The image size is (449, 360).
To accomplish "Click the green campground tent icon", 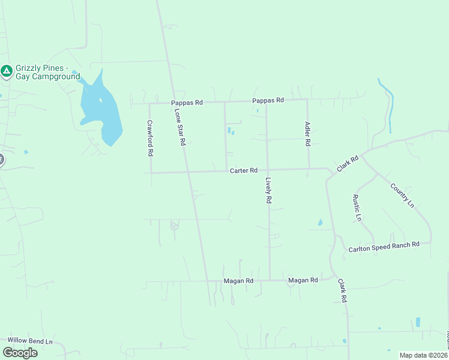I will (x=7, y=72).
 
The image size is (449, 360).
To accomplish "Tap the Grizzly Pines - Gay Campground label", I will (x=47, y=73).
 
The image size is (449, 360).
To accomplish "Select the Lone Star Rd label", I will (x=178, y=128).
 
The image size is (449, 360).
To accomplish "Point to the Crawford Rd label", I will (x=150, y=138).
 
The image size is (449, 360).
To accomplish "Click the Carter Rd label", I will (x=244, y=171).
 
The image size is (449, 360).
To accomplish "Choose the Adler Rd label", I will (x=307, y=134).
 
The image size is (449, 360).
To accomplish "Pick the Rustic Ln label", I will (x=357, y=208).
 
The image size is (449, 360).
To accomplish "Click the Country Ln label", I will (x=402, y=196).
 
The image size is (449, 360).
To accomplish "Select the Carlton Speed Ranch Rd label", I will (x=384, y=247).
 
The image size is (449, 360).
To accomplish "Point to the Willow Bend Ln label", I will (x=30, y=341).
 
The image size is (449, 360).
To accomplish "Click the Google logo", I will (x=20, y=353).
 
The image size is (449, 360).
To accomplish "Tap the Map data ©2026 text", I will (x=424, y=355).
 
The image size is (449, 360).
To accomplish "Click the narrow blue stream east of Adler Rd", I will (x=390, y=108).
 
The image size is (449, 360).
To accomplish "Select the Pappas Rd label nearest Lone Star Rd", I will (x=187, y=103).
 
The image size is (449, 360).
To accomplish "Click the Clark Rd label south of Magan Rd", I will (x=342, y=290).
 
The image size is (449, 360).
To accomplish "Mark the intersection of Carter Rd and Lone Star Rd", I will (x=188, y=172).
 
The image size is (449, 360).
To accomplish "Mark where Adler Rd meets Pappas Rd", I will (x=307, y=99).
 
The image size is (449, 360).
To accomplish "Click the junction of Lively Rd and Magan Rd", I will (x=269, y=280).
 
